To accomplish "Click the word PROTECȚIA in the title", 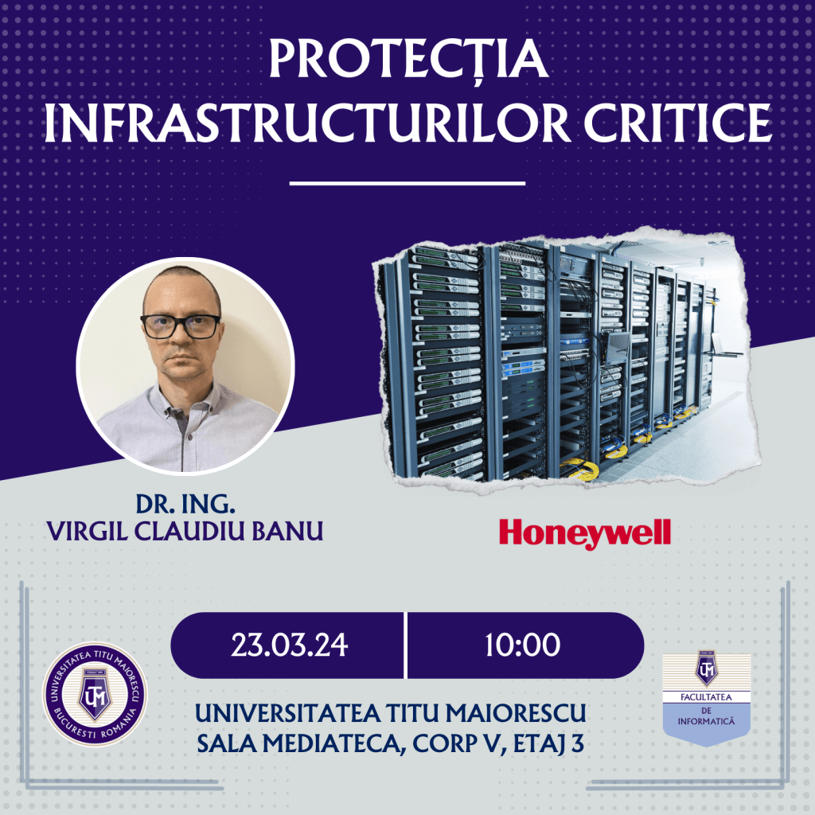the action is (408, 58).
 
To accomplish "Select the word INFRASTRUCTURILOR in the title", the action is (307, 123).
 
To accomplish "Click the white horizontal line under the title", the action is (407, 183).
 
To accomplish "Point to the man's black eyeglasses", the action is (181, 326).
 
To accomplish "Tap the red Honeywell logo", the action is (585, 534).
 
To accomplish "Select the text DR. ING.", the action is (185, 503).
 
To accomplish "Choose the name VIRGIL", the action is (88, 531).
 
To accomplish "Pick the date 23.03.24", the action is (289, 645).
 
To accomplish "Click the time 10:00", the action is (522, 645).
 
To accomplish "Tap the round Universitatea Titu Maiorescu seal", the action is (95, 694).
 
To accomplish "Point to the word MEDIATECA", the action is (332, 744).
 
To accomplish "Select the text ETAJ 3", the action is (548, 744).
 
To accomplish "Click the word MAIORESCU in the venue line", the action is (515, 713).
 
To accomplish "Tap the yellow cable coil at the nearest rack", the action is (580, 469).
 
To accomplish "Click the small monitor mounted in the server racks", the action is (617, 346).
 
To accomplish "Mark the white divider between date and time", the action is (405, 645).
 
